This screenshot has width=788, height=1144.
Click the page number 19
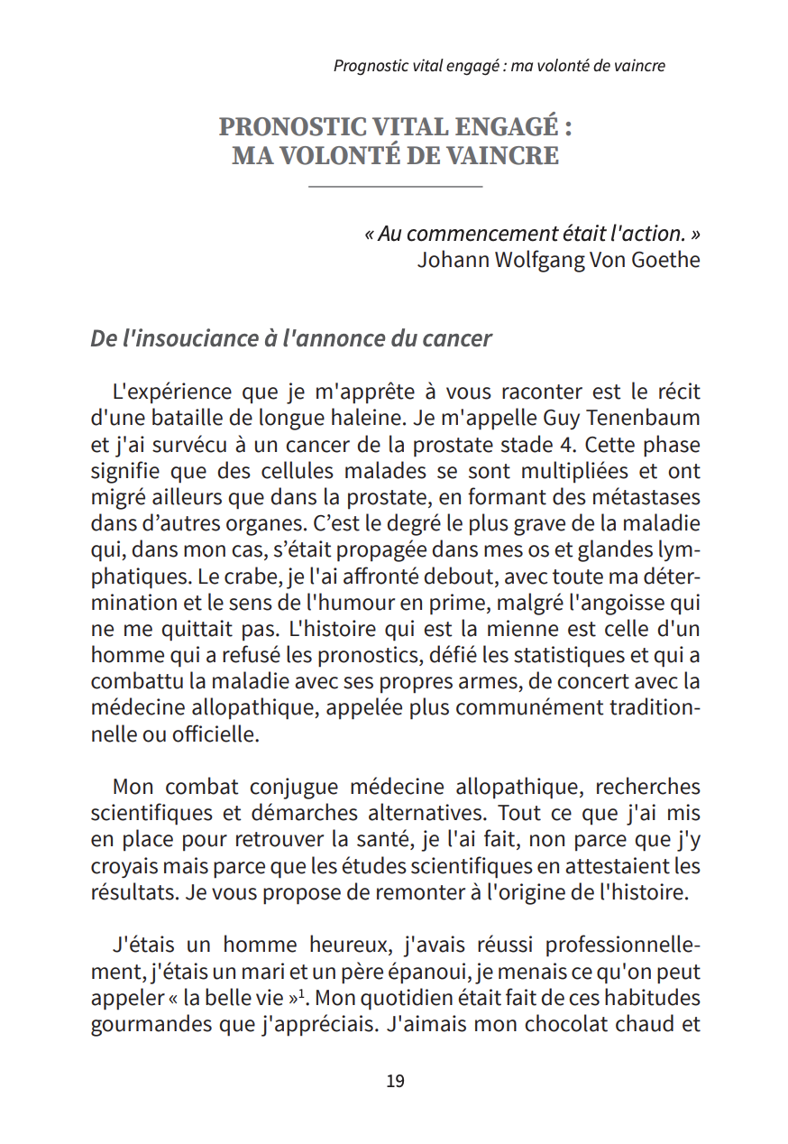[x=395, y=1081]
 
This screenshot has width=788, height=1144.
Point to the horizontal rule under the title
[x=395, y=187]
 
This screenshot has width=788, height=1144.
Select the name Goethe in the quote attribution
[x=665, y=261]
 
